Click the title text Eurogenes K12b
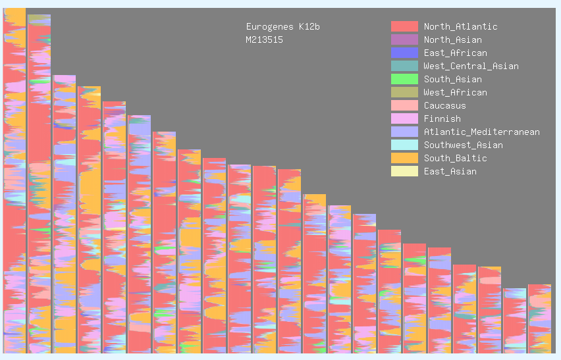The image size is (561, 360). [282, 27]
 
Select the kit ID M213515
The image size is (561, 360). [264, 40]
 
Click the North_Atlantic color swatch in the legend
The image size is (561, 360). [404, 26]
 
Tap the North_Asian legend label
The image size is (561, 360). [452, 40]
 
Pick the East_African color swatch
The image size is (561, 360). [404, 53]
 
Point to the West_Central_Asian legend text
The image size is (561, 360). [471, 66]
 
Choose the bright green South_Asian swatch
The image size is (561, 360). [404, 79]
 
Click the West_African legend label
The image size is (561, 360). [455, 93]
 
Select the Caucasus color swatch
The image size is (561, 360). [404, 105]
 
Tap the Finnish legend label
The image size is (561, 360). [442, 119]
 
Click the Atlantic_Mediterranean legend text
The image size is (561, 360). [481, 132]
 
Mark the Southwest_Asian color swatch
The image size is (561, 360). [404, 145]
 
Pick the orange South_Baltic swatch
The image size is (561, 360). [404, 158]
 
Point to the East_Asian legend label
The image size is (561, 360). [450, 172]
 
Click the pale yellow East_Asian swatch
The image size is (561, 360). [404, 171]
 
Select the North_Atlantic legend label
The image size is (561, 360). [460, 27]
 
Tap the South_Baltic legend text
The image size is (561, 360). [455, 159]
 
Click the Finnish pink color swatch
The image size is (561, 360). [404, 118]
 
